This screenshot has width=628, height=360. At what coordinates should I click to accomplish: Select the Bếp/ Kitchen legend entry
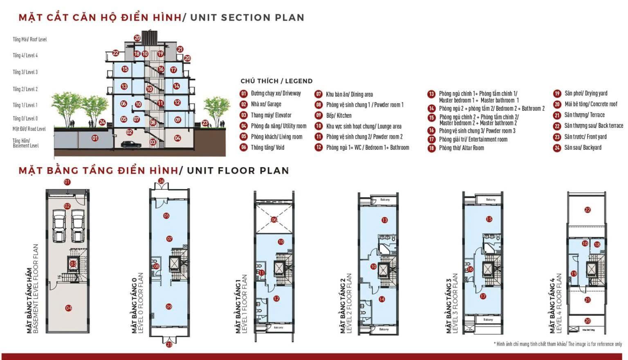tap(339, 116)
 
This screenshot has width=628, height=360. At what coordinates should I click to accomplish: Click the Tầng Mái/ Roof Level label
tap(29, 40)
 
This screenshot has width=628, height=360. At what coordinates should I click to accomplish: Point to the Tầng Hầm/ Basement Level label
tap(25, 143)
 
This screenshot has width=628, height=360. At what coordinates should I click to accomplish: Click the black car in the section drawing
tap(131, 144)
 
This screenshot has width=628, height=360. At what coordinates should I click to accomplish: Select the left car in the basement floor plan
tap(60, 225)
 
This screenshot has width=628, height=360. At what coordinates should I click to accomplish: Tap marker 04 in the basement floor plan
tap(69, 308)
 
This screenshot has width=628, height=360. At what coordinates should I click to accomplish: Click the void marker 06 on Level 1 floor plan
tap(274, 220)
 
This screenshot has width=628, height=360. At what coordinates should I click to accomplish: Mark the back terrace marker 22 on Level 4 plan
tap(588, 210)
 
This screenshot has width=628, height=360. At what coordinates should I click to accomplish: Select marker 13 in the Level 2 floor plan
tap(384, 220)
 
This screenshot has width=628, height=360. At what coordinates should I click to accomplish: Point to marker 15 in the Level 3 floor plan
tap(489, 219)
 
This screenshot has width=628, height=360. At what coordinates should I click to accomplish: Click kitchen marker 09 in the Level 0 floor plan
tap(169, 306)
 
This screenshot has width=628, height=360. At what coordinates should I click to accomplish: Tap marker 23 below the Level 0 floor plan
tap(169, 344)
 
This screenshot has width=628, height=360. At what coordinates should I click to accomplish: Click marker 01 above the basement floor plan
tap(67, 182)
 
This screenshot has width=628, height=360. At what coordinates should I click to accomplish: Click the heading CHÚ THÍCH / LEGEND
tap(276, 81)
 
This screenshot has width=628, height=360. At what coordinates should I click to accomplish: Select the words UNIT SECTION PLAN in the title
tap(247, 18)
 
